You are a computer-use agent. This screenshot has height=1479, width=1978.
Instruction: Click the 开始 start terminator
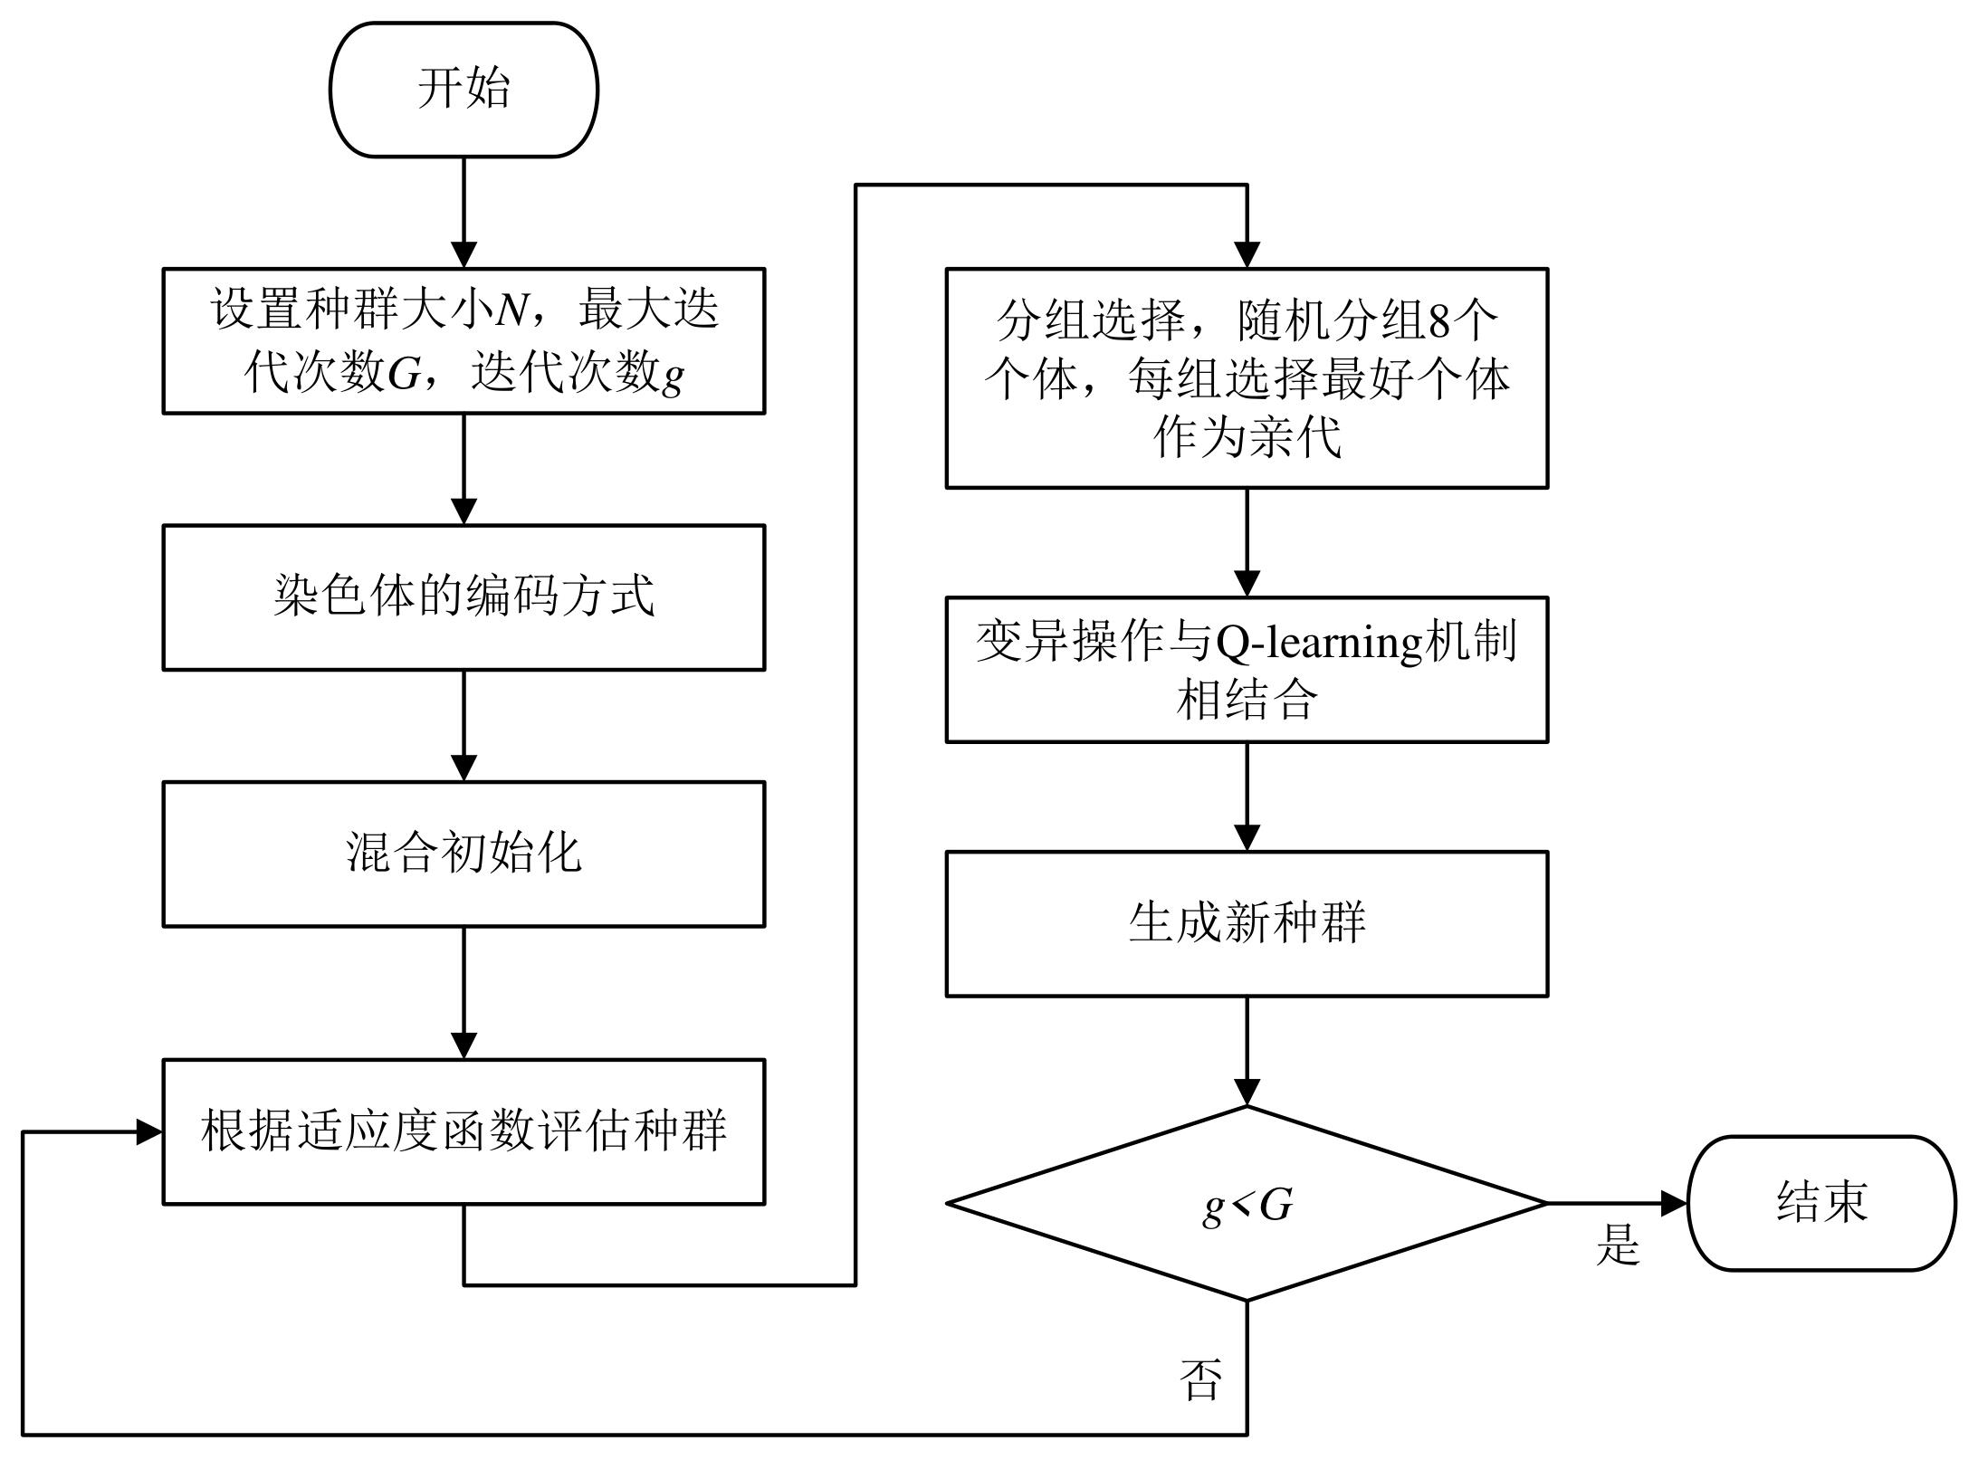click(x=463, y=90)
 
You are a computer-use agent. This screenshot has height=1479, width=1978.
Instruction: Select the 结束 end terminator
click(x=1821, y=1203)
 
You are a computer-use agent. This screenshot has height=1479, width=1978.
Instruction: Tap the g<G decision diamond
click(x=1247, y=1204)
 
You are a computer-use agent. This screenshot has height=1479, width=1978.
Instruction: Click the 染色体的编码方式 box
click(x=463, y=597)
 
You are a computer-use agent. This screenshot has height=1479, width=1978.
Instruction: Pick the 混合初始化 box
click(x=463, y=854)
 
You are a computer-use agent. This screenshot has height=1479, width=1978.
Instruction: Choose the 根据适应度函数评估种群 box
click(x=463, y=1131)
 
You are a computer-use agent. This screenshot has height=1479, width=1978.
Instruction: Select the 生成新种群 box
click(x=1247, y=923)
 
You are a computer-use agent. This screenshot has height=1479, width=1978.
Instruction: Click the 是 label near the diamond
click(x=1618, y=1245)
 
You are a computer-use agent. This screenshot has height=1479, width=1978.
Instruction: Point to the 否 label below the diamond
click(x=1200, y=1379)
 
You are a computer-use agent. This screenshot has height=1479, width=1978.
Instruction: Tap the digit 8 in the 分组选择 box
click(x=1439, y=320)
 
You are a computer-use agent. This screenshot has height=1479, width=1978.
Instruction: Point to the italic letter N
click(x=511, y=310)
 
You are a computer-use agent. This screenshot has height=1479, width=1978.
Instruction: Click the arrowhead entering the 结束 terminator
click(x=1675, y=1204)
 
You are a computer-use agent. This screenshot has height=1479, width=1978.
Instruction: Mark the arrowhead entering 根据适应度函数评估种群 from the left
click(x=149, y=1131)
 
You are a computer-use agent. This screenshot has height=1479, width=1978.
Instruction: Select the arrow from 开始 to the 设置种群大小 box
click(x=463, y=213)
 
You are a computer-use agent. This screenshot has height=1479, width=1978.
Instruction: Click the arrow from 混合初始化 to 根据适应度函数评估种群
click(x=463, y=992)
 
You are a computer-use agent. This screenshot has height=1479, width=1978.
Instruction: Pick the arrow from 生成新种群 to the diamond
click(x=1247, y=1050)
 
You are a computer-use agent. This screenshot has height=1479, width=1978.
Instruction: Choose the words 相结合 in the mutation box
click(x=1247, y=700)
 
